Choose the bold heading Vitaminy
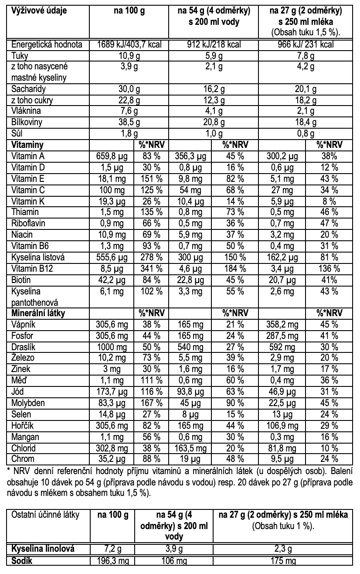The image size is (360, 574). (x=25, y=144)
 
